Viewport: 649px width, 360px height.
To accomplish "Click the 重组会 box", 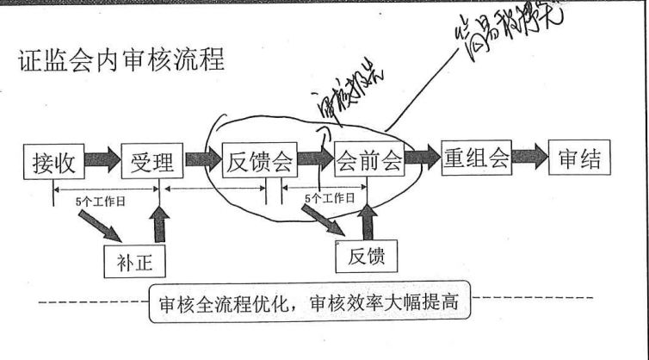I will pyautogui.click(x=476, y=159).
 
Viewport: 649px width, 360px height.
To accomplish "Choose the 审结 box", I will pyautogui.click(x=578, y=159).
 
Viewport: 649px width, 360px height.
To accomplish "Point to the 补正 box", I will pyautogui.click(x=133, y=259).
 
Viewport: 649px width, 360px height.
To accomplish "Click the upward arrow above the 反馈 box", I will pyautogui.click(x=368, y=220).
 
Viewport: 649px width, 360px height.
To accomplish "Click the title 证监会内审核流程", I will pyautogui.click(x=121, y=61).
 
